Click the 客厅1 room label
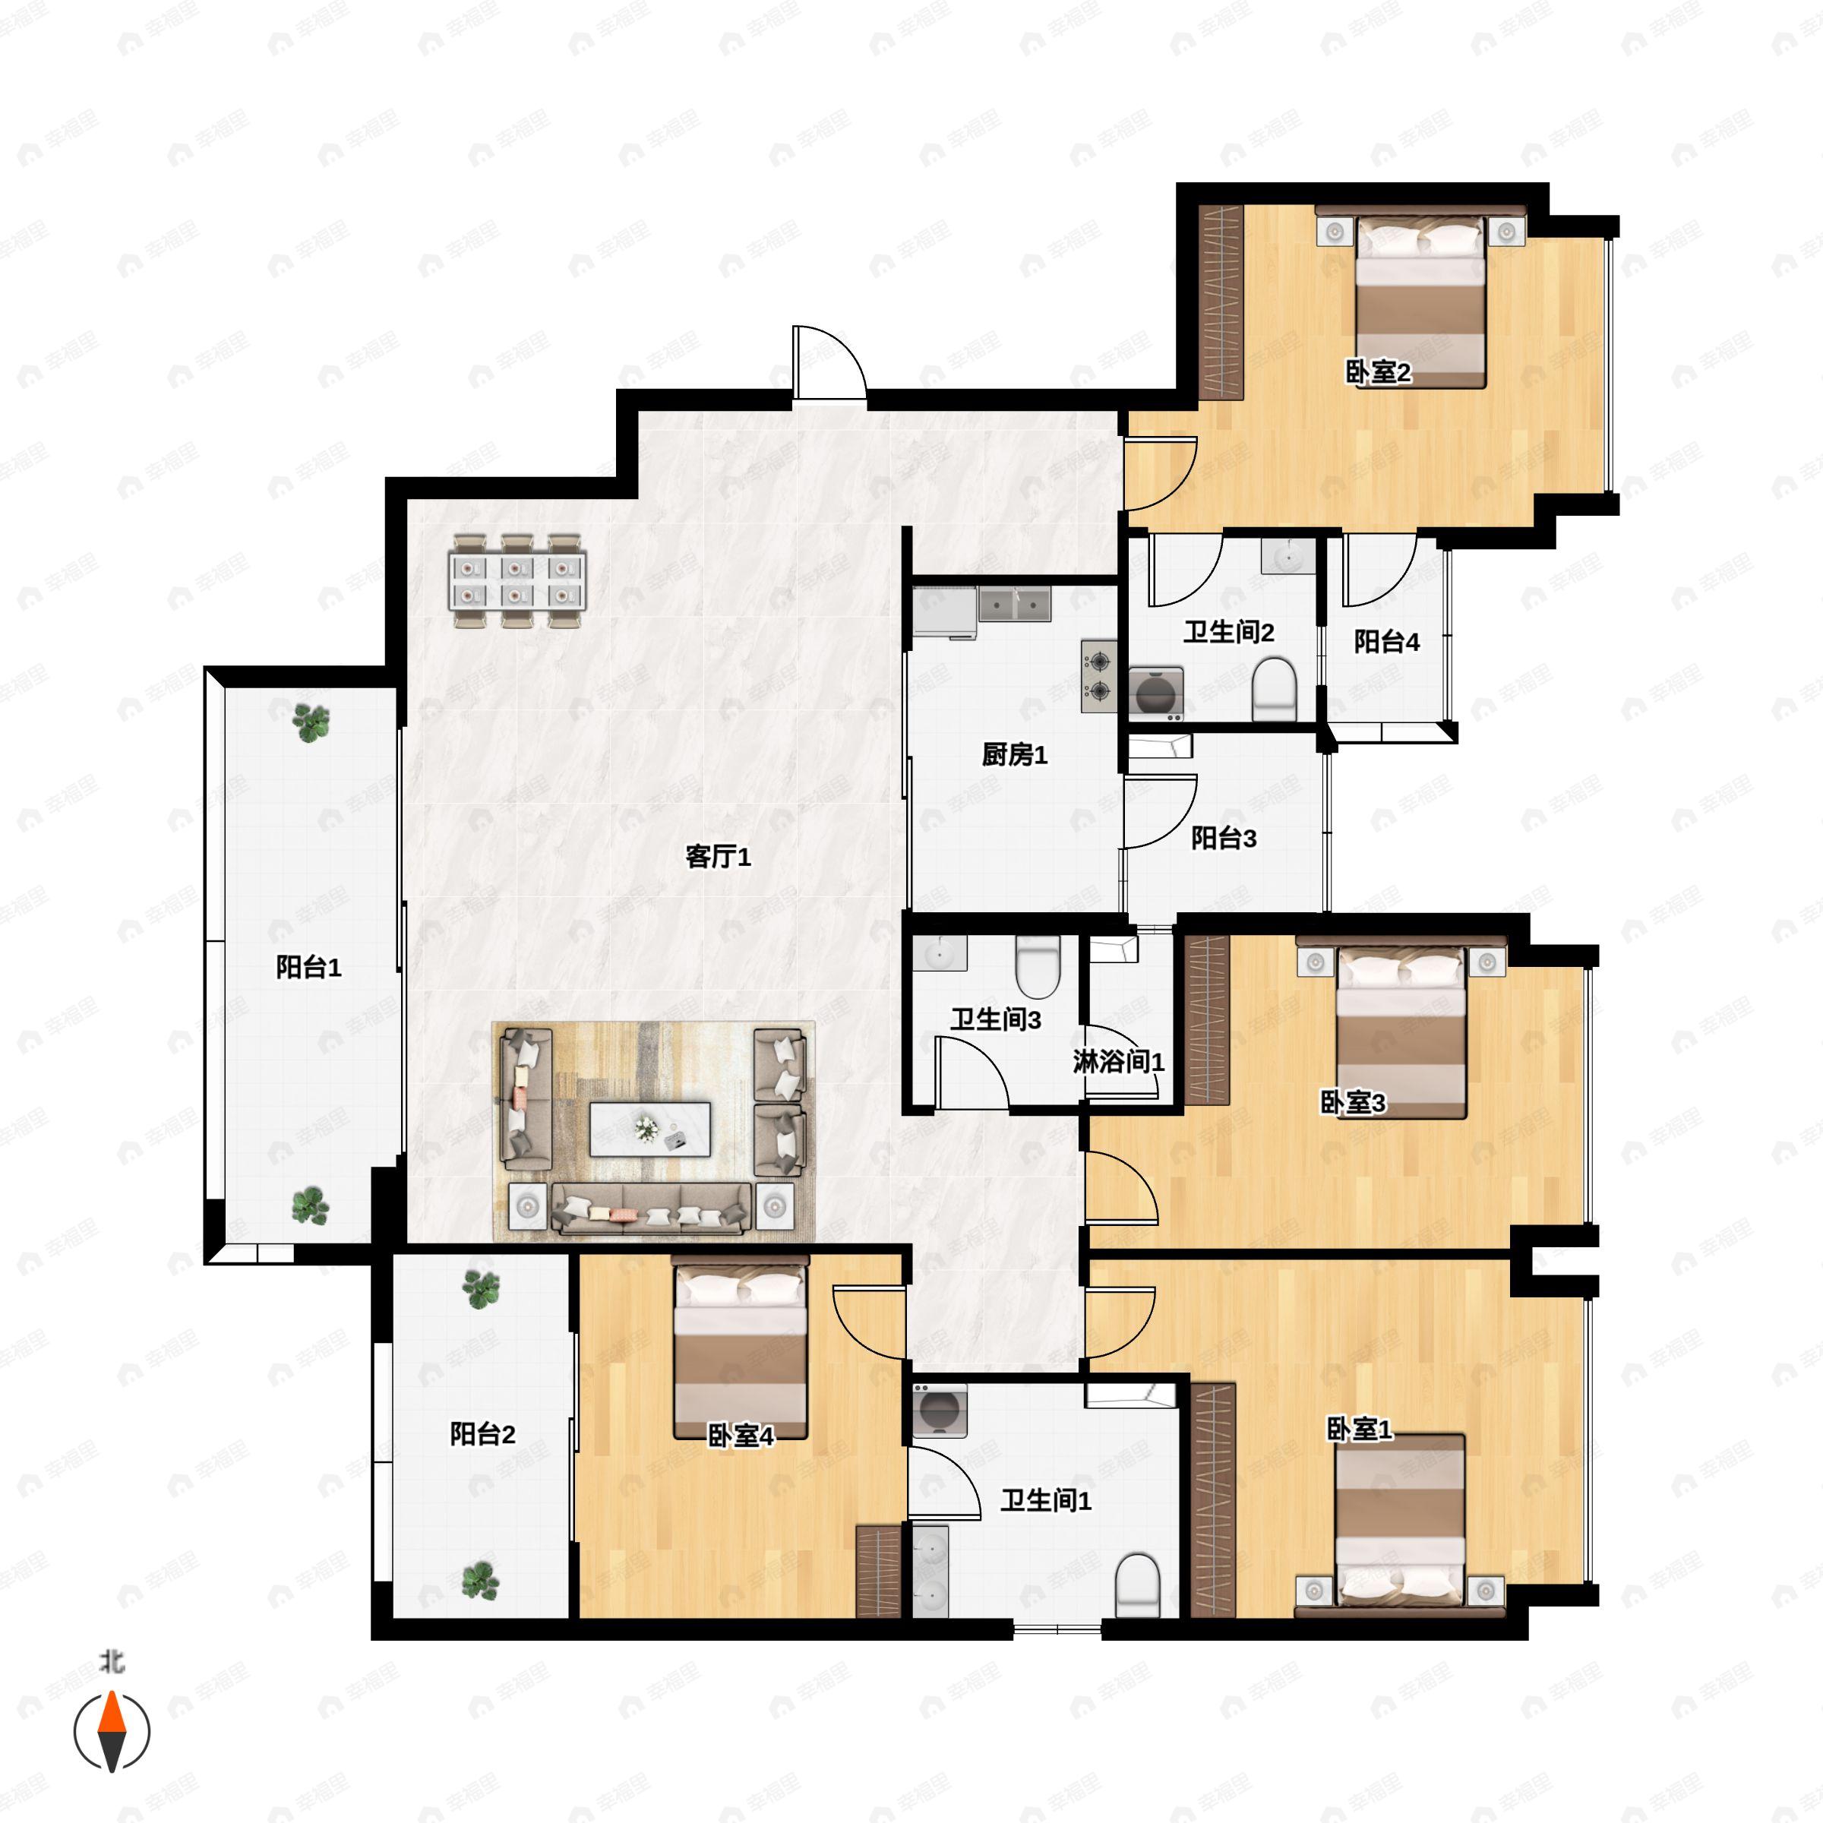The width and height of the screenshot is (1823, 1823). pyautogui.click(x=717, y=857)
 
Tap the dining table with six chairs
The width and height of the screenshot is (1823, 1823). pyautogui.click(x=517, y=581)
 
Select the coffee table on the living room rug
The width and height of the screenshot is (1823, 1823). pyautogui.click(x=649, y=1129)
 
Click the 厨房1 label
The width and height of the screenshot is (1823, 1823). pyautogui.click(x=1014, y=754)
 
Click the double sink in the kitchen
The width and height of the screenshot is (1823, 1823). pyautogui.click(x=1014, y=604)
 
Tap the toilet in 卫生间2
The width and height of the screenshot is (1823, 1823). pyautogui.click(x=1274, y=690)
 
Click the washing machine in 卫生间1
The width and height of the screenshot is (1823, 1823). pyautogui.click(x=940, y=1411)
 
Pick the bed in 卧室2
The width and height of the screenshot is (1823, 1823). pyautogui.click(x=1421, y=302)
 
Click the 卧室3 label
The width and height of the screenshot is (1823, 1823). pyautogui.click(x=1352, y=1102)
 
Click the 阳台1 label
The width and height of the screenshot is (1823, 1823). pyautogui.click(x=308, y=966)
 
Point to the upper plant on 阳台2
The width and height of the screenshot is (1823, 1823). pyautogui.click(x=482, y=1289)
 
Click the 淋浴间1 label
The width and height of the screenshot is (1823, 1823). pyautogui.click(x=1118, y=1062)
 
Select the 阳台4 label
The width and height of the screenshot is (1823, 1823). pyautogui.click(x=1386, y=642)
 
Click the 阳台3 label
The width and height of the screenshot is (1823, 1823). pyautogui.click(x=1223, y=838)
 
